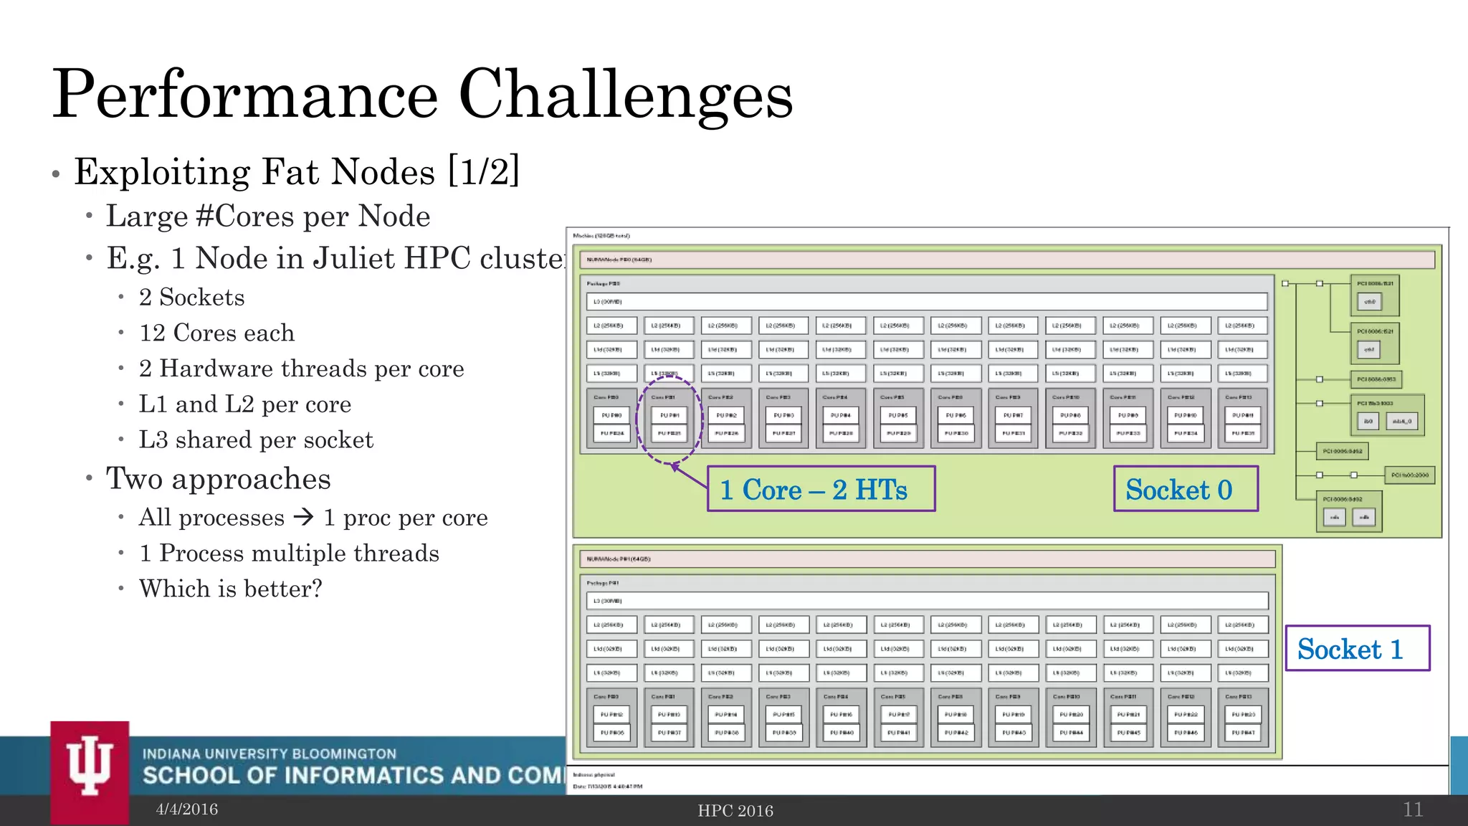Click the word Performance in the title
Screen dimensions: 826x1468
click(x=245, y=95)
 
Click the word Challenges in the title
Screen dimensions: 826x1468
click(x=625, y=95)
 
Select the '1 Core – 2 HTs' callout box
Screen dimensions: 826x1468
click(x=821, y=489)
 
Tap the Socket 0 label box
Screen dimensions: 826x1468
click(x=1186, y=489)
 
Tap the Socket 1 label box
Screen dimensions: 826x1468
click(x=1357, y=648)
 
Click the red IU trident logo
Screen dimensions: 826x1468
click(x=90, y=767)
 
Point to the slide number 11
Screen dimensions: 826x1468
click(x=1412, y=810)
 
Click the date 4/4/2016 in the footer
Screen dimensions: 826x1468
click(x=187, y=810)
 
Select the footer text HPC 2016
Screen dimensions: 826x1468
click(x=735, y=811)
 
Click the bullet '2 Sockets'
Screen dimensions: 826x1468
click(x=191, y=298)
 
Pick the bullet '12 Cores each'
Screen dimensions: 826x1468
click(x=216, y=333)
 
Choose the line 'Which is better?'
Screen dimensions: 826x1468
click(x=230, y=589)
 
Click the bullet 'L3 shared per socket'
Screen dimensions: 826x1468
click(x=256, y=440)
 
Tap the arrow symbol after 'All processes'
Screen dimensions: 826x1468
click(x=304, y=517)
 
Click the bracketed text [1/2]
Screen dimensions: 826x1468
click(x=484, y=172)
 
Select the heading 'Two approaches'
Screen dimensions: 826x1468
click(x=218, y=479)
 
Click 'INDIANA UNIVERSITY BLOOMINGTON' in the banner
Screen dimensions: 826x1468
click(x=269, y=754)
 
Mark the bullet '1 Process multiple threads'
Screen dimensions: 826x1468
click(x=289, y=554)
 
